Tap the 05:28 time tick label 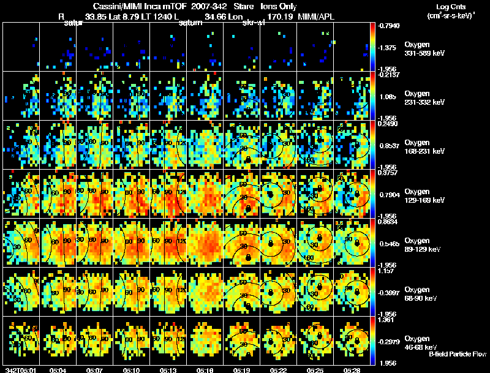(352, 370)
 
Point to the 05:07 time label (94, 370)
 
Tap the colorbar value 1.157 (387, 271)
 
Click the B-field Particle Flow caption (457, 354)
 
